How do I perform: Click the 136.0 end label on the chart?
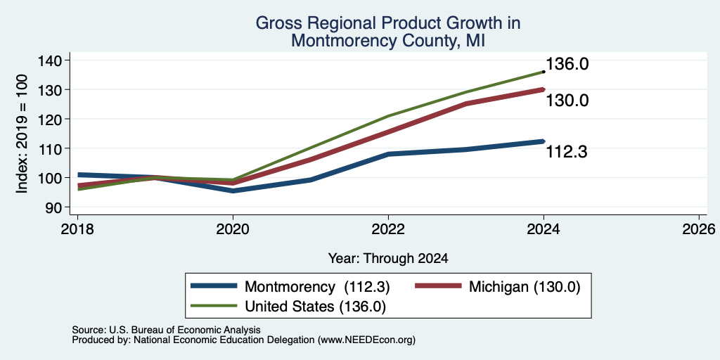click(567, 64)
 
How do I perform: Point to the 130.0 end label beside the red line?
click(567, 100)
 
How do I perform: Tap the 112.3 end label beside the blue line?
click(567, 152)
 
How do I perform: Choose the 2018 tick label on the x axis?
click(77, 229)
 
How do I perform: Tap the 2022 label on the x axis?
click(388, 229)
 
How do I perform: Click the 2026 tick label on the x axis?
click(699, 229)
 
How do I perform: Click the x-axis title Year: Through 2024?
click(388, 259)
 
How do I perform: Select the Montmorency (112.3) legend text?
click(317, 287)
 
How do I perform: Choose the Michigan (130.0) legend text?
click(525, 287)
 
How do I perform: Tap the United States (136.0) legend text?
click(316, 307)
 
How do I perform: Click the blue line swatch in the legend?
click(214, 285)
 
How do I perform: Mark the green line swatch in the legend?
click(214, 305)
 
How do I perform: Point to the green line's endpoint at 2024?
click(544, 72)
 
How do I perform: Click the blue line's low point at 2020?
click(233, 191)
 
